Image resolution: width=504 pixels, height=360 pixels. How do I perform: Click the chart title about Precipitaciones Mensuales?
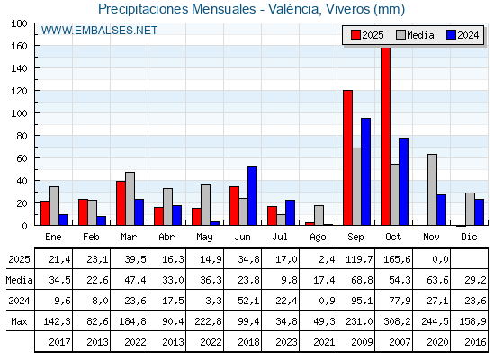click(x=251, y=9)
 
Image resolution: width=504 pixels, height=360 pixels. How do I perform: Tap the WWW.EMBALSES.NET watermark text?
click(x=100, y=31)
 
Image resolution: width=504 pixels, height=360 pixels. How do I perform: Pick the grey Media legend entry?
click(x=413, y=35)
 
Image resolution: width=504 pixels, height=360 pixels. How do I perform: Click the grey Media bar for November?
click(x=433, y=189)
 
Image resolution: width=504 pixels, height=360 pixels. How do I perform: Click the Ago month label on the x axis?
click(x=319, y=237)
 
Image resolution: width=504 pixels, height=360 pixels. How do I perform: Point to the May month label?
click(x=205, y=237)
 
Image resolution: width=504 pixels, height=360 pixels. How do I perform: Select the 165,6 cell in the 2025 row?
click(x=394, y=260)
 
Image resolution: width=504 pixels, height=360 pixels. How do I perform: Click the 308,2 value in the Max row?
click(x=394, y=321)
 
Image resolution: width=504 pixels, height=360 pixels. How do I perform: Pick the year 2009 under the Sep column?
click(x=356, y=342)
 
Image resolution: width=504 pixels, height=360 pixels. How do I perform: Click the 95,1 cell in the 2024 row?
click(x=356, y=301)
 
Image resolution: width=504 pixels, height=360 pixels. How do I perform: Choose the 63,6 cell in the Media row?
click(x=432, y=281)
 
